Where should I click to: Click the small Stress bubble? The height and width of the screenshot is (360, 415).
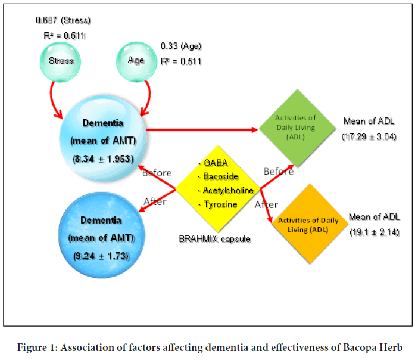point(61,60)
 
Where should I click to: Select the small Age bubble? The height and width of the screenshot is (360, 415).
point(136,60)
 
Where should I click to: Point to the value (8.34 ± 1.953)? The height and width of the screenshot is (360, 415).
point(104,159)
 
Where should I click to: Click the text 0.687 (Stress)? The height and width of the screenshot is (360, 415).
point(63,20)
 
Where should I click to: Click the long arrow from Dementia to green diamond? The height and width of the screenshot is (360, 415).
point(202,129)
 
